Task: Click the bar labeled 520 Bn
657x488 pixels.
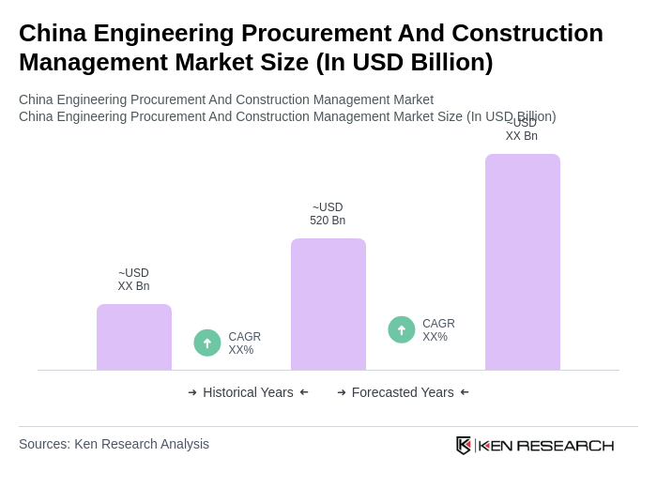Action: click(328, 304)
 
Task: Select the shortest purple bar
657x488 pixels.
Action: click(133, 337)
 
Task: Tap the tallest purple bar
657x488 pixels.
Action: click(522, 262)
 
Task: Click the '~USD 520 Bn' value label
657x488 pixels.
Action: click(328, 214)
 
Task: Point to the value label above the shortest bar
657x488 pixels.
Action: click(133, 280)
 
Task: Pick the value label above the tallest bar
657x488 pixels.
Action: click(522, 130)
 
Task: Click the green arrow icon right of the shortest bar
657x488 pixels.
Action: click(207, 343)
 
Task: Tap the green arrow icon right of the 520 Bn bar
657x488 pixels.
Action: click(402, 330)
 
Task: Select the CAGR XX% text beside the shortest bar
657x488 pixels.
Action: click(244, 343)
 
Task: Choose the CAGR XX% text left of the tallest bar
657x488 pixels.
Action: click(438, 330)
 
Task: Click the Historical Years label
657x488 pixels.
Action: click(248, 392)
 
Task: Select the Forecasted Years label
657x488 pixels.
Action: click(403, 392)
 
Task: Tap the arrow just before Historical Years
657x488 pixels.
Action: click(192, 392)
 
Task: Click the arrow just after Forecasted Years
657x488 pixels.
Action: click(465, 392)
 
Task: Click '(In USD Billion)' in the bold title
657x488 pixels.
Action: click(404, 62)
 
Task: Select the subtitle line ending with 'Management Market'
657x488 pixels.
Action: click(226, 99)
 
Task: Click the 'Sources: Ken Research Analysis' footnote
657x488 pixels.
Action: click(114, 444)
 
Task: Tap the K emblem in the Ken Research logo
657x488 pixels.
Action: click(464, 445)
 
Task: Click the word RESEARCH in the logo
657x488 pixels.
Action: click(565, 445)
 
